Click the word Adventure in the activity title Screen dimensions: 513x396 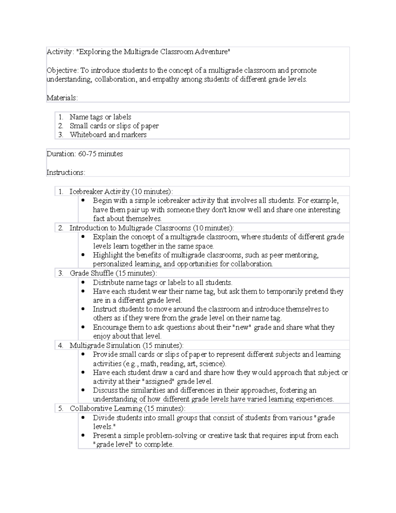pos(211,52)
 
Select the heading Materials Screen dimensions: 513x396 pos(62,98)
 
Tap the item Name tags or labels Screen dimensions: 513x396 pos(100,117)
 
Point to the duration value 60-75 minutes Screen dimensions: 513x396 pos(100,154)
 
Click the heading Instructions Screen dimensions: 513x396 pos(65,172)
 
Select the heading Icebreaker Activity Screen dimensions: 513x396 pos(99,192)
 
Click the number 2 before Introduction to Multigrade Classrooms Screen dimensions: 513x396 pos(60,228)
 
